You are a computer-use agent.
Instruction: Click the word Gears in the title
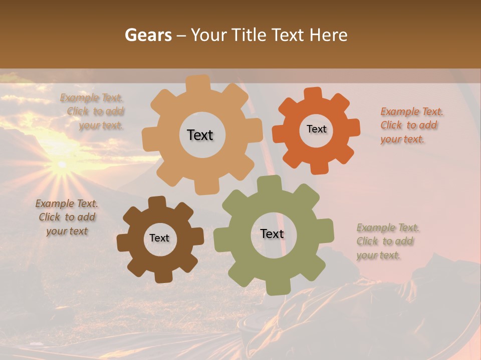tap(148, 35)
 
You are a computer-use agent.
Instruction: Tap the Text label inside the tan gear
tap(200, 135)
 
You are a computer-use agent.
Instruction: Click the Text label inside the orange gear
tap(316, 129)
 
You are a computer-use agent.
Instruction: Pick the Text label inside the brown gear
tap(159, 238)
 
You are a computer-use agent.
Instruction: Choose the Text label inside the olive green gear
tap(272, 233)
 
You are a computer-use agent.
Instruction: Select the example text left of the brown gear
tap(67, 217)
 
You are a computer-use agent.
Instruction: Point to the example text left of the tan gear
tap(92, 111)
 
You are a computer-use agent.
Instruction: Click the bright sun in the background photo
tap(62, 163)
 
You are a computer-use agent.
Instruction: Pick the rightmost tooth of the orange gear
tap(354, 128)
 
